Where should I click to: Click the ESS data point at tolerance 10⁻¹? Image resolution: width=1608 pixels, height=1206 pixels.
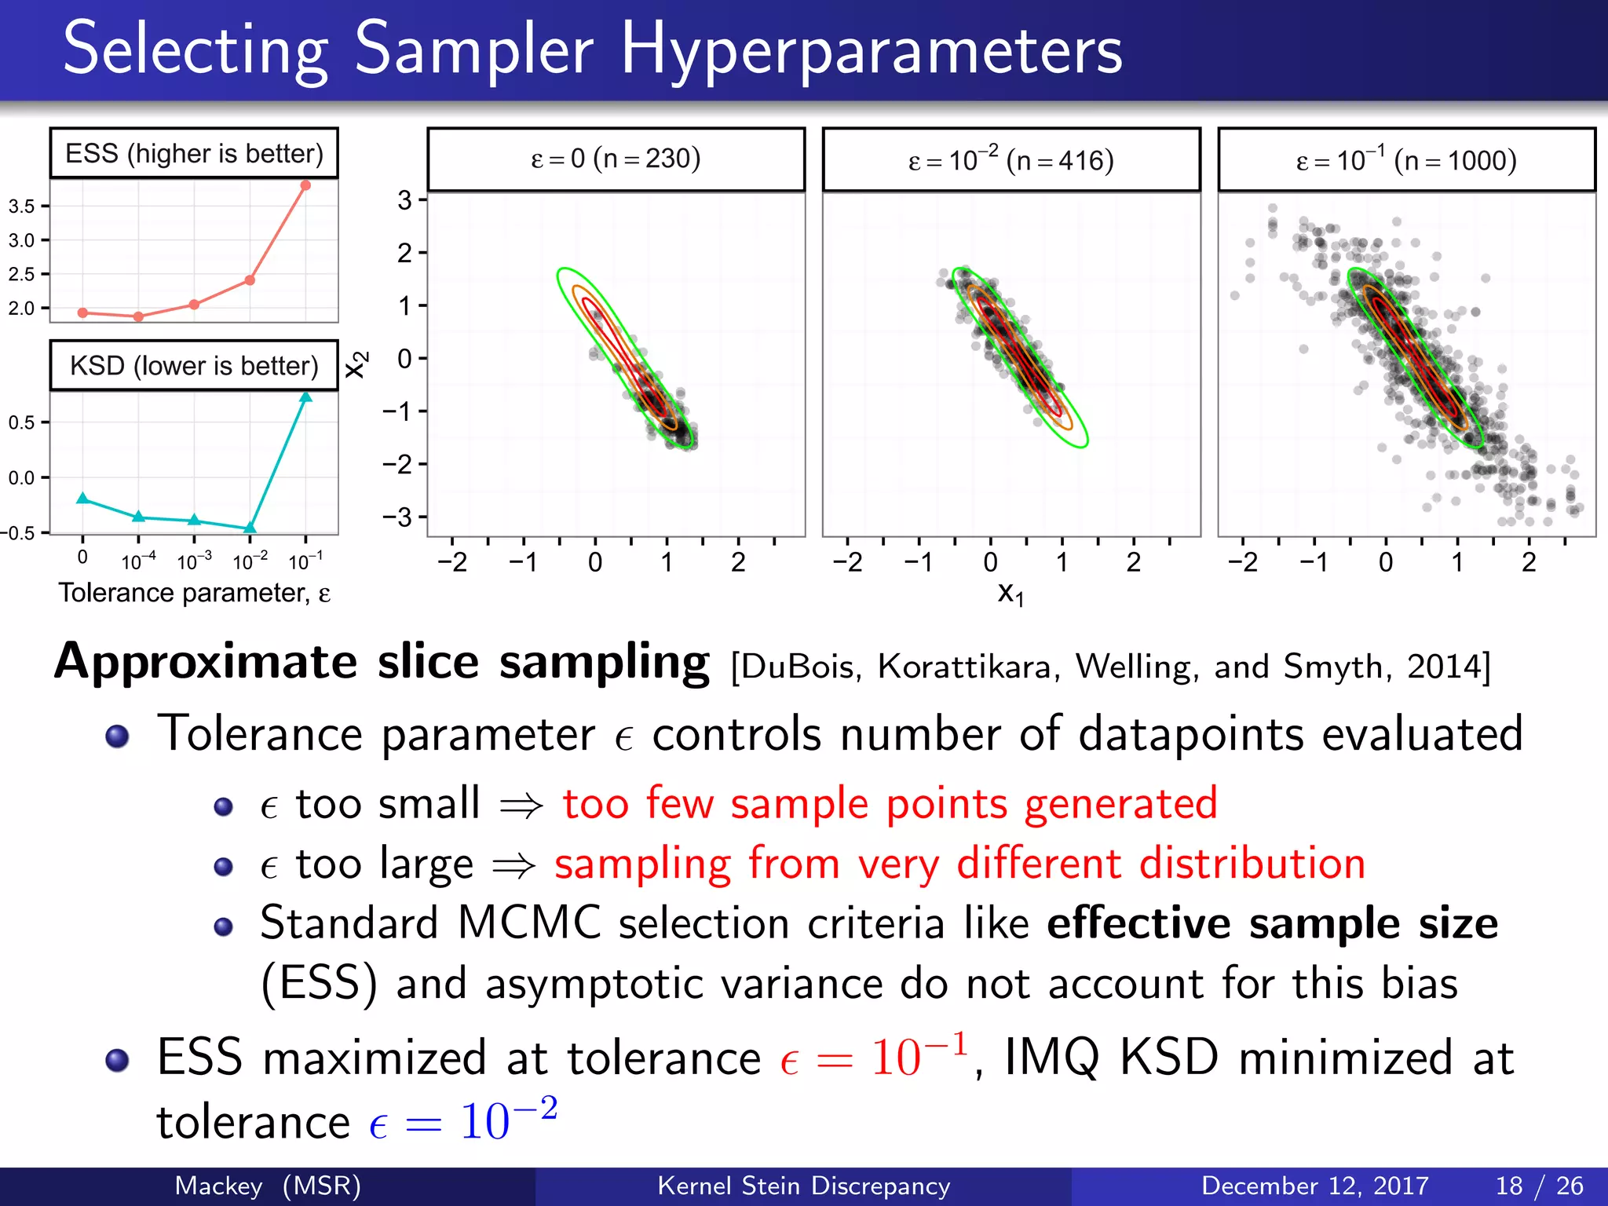[x=305, y=185]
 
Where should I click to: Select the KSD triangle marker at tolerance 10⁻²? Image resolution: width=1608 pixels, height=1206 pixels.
[x=250, y=528]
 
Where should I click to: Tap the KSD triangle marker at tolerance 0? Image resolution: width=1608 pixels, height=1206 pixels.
[x=82, y=499]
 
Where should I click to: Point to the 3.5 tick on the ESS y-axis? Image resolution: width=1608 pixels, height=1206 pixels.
[x=22, y=206]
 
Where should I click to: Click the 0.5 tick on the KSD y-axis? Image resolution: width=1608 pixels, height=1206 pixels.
[x=22, y=422]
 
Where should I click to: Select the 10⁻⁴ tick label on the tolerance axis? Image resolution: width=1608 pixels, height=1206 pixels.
[x=138, y=561]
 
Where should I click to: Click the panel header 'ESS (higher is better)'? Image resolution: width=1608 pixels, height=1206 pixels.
[x=194, y=153]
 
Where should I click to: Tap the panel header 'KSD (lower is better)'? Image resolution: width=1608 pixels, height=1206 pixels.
[x=194, y=366]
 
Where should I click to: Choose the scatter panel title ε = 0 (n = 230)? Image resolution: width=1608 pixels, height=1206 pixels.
[x=616, y=159]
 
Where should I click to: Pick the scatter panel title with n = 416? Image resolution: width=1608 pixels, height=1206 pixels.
[x=1011, y=159]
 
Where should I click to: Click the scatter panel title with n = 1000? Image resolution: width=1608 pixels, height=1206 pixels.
[x=1406, y=159]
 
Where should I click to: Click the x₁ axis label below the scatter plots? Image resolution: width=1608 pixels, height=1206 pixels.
[x=1010, y=594]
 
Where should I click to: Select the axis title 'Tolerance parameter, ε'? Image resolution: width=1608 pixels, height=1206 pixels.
[x=194, y=593]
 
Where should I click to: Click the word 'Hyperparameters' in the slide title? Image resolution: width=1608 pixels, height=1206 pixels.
[x=872, y=50]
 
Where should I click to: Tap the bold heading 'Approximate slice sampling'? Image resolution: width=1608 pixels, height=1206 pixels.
[x=382, y=661]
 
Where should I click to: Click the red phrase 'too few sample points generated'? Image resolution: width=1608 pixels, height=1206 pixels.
[x=890, y=803]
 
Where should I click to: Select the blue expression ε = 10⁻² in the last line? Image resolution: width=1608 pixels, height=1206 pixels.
[x=463, y=1120]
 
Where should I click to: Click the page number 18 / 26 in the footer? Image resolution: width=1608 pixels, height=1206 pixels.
[x=1539, y=1186]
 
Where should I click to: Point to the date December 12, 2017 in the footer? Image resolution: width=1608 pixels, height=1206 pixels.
[x=1314, y=1186]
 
